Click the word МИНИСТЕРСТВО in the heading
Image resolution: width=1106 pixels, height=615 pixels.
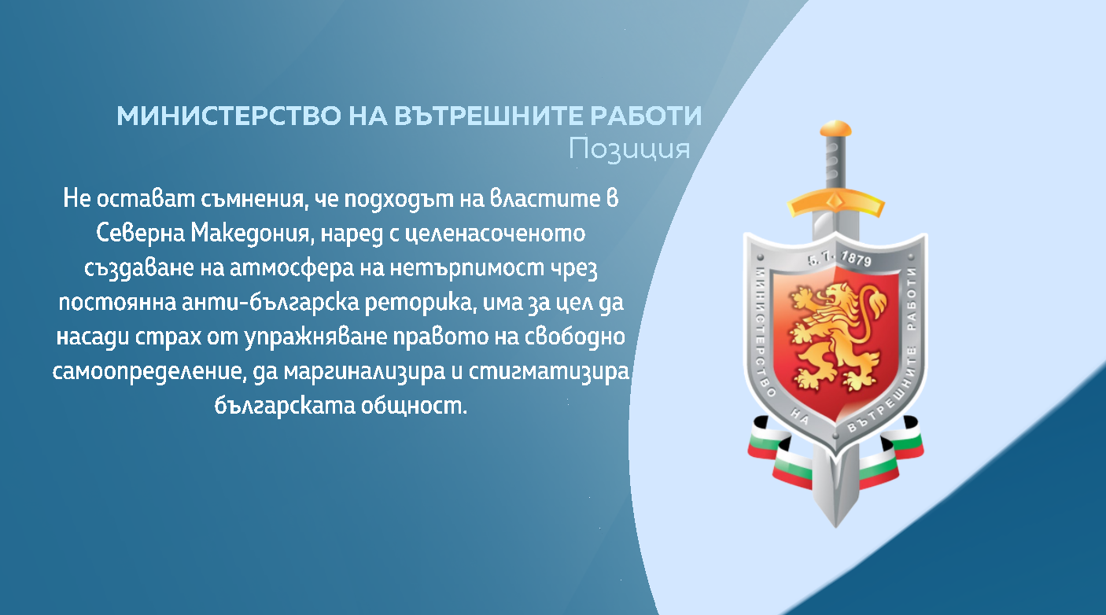[229, 116]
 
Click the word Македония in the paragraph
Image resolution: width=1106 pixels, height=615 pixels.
[253, 233]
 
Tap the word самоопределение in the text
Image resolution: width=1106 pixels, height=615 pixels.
[149, 371]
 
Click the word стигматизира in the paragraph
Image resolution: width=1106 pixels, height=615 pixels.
[549, 371]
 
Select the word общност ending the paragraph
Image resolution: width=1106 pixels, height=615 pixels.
[414, 406]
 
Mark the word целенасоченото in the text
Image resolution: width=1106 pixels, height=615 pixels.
[496, 233]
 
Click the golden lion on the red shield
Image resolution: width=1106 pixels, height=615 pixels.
[835, 337]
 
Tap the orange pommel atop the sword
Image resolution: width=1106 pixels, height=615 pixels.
[835, 129]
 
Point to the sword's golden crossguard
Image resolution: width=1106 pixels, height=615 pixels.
[835, 202]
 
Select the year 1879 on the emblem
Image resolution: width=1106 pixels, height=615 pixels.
[856, 259]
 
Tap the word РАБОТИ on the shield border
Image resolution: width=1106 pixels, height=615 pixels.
[912, 299]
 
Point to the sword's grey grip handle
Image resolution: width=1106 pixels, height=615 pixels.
[835, 162]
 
